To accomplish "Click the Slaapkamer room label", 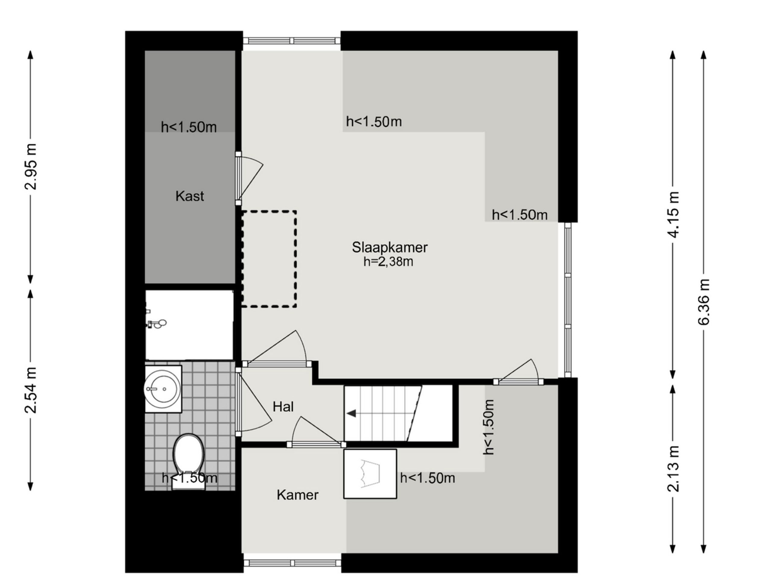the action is coord(390,248).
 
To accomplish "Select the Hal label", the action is coord(283,407).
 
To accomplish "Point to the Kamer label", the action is coord(297,495).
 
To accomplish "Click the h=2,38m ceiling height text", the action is coord(388,261).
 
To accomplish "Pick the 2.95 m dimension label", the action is coord(31,166).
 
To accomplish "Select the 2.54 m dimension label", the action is coord(31,390).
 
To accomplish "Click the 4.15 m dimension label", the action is coord(673,215).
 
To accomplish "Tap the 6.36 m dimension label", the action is coord(704,302).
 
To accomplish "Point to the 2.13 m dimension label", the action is coord(673,469).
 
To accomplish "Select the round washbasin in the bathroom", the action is coord(162,388).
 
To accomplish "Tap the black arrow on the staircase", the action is coord(351,413).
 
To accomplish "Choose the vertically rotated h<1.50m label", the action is coord(489,427).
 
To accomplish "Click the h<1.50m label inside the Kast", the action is coord(189,127).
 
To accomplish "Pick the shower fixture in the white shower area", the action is coord(156,324).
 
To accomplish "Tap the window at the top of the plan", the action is coord(292,41).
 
